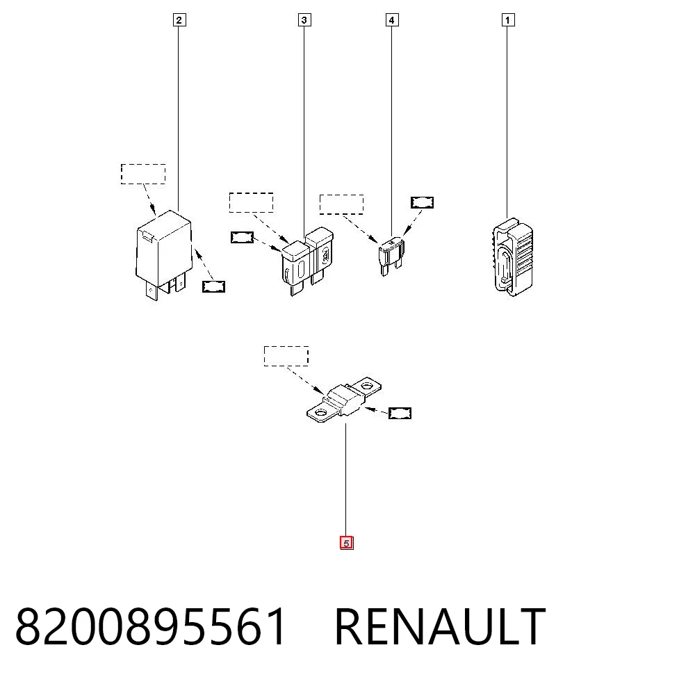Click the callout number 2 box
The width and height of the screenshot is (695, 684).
(179, 20)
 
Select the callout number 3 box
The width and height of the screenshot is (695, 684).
(304, 20)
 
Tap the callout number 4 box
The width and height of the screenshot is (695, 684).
(391, 20)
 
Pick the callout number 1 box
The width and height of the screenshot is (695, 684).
(508, 20)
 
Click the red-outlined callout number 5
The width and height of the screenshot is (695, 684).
(347, 543)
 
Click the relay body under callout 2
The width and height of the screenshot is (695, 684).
(164, 252)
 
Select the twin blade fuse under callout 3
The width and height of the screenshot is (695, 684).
(306, 261)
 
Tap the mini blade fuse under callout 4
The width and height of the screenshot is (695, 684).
(391, 256)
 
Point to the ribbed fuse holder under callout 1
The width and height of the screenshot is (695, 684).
(513, 257)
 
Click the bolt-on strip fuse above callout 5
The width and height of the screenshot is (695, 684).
(344, 400)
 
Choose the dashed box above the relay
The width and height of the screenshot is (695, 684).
(143, 174)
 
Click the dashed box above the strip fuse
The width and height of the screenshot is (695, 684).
(286, 356)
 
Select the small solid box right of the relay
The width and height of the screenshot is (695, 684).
(213, 287)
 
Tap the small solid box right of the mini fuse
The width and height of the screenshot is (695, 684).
(422, 202)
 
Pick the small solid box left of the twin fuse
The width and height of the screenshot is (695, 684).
(242, 237)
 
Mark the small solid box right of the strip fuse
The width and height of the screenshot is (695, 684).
(400, 413)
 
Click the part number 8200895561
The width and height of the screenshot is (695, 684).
(151, 626)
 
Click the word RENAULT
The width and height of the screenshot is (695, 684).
(440, 626)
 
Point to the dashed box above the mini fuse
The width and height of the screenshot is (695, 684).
(342, 204)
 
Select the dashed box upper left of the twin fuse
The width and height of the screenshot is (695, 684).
(252, 202)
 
